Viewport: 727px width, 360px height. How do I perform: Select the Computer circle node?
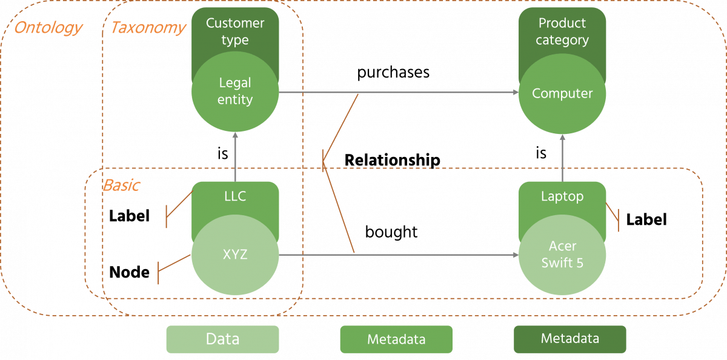pos(562,93)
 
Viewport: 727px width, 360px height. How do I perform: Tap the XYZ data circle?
pos(235,255)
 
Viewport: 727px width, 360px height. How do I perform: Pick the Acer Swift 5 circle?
pos(562,255)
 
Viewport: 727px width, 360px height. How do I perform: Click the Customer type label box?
pos(235,32)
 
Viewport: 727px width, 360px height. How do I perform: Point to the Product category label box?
pos(562,32)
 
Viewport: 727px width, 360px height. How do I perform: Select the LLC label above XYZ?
pos(235,196)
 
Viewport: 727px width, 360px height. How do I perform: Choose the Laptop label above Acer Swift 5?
pos(562,196)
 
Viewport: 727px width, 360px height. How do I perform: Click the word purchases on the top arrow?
pos(393,73)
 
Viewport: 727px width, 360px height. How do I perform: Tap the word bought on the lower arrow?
pos(391,232)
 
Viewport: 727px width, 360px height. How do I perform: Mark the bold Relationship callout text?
pos(392,161)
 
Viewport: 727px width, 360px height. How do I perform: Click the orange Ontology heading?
pos(48,28)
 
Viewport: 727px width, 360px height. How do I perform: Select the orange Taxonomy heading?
pos(147,28)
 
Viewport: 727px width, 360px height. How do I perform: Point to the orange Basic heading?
pos(121,185)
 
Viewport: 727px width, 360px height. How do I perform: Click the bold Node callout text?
pos(129,273)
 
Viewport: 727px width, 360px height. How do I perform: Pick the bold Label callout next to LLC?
pos(129,216)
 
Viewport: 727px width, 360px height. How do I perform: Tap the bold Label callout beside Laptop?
pos(646,219)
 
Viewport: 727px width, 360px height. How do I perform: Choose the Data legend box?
pos(222,339)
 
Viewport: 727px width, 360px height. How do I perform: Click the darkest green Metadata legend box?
pos(569,339)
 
